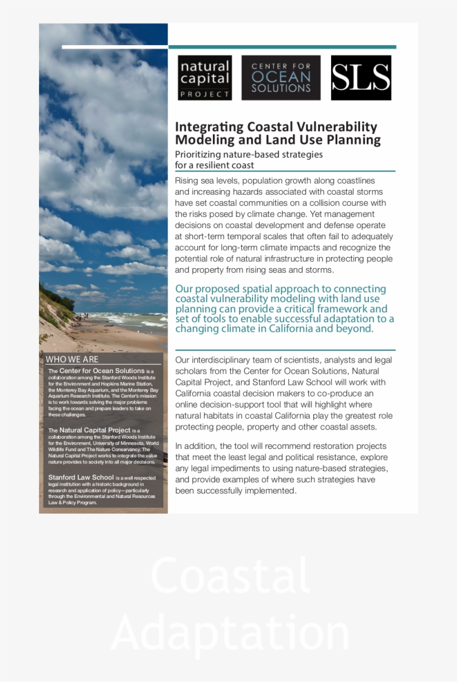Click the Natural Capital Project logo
tap(205, 78)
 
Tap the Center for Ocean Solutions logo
tap(281, 78)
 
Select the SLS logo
tap(361, 78)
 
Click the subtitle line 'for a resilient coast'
tap(215, 165)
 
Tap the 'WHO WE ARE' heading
tap(72, 359)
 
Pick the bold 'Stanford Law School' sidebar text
tap(81, 477)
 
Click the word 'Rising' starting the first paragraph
tap(187, 181)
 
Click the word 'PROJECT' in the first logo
tap(205, 94)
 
